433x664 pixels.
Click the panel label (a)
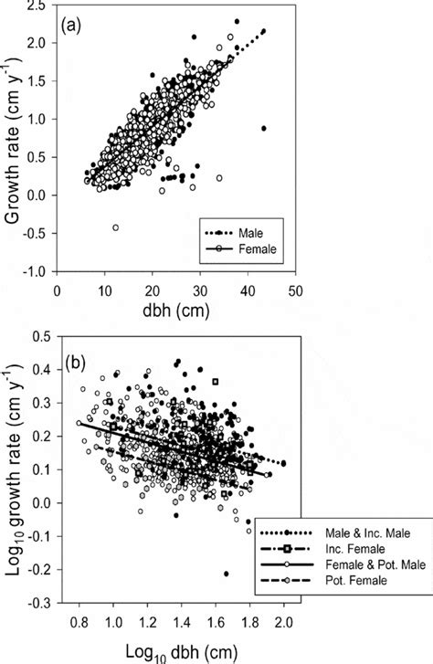(x=75, y=24)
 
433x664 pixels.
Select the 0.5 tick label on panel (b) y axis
(x=37, y=339)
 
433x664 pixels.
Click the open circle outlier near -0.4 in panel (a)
(x=115, y=227)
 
